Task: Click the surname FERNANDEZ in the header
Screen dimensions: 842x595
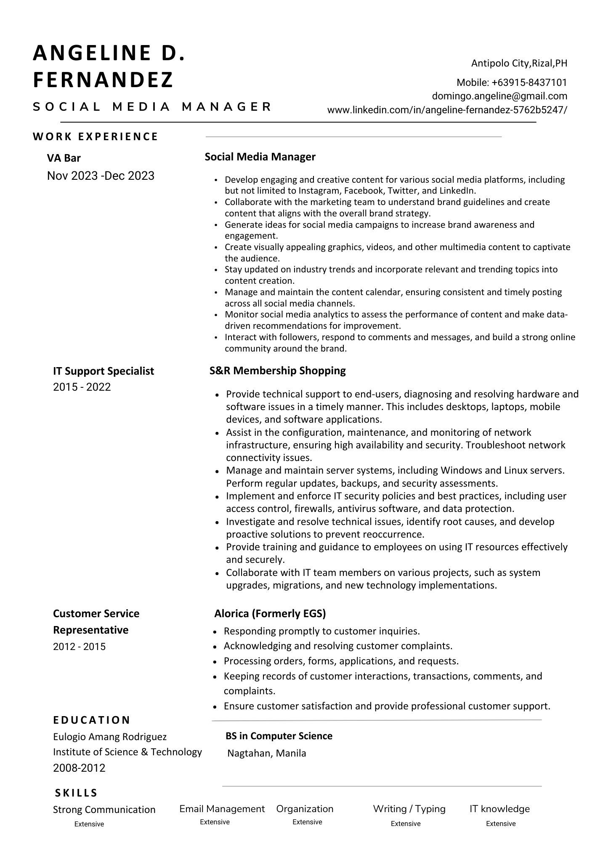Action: pyautogui.click(x=103, y=80)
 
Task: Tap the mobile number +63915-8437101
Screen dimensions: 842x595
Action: pyautogui.click(x=512, y=83)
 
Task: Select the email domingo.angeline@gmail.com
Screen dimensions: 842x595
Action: pyautogui.click(x=499, y=96)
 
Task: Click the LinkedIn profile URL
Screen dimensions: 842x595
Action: pyautogui.click(x=447, y=110)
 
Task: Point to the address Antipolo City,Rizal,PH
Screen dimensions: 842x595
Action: pyautogui.click(x=519, y=63)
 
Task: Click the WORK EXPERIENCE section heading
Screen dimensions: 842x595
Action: pyautogui.click(x=96, y=136)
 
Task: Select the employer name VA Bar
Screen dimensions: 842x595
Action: pyautogui.click(x=64, y=158)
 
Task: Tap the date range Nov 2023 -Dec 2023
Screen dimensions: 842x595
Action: pyautogui.click(x=101, y=176)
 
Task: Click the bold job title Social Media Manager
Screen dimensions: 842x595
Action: pyautogui.click(x=260, y=157)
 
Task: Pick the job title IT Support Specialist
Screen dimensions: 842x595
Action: pyautogui.click(x=104, y=371)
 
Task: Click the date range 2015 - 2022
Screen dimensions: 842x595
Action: pyautogui.click(x=82, y=387)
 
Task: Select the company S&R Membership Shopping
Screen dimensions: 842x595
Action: pyautogui.click(x=277, y=370)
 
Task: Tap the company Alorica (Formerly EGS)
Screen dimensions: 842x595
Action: pyautogui.click(x=270, y=613)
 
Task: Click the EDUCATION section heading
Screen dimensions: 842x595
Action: pyautogui.click(x=92, y=720)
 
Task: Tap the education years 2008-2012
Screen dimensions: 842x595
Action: pyautogui.click(x=79, y=768)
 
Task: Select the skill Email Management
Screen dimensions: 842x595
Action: pyautogui.click(x=222, y=809)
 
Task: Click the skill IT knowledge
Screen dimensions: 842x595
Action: pyautogui.click(x=499, y=809)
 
